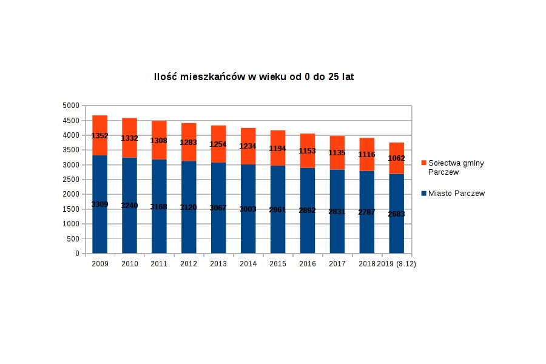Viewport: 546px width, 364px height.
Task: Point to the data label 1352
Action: click(x=100, y=136)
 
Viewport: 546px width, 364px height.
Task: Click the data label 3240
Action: click(x=129, y=206)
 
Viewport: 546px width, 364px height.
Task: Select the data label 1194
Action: click(x=278, y=149)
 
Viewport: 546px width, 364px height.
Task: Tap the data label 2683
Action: click(x=397, y=214)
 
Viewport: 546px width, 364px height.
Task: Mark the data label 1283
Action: click(x=189, y=143)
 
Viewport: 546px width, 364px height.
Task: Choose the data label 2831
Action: click(x=337, y=212)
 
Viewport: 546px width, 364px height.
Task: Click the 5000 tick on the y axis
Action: click(x=71, y=106)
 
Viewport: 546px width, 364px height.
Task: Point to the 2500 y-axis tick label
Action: click(x=71, y=180)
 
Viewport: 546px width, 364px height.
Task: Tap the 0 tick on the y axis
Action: click(x=76, y=254)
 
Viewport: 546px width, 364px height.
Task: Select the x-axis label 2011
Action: click(x=159, y=264)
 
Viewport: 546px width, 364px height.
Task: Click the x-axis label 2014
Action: click(x=248, y=264)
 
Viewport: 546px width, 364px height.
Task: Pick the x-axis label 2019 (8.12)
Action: click(x=397, y=264)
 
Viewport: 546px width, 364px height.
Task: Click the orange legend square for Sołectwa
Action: click(x=423, y=163)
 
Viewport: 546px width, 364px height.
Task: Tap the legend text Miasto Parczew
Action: click(x=456, y=194)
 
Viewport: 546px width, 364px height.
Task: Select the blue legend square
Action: click(x=423, y=194)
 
